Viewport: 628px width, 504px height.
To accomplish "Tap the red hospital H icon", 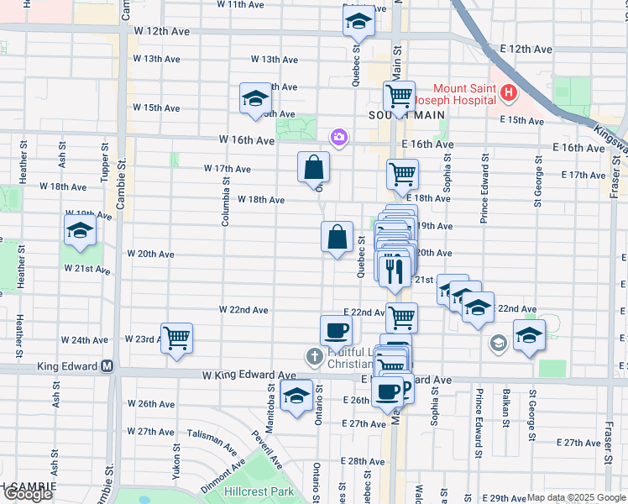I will (x=509, y=94).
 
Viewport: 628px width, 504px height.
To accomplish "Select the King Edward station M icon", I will (x=107, y=366).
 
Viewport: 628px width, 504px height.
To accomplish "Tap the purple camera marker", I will (x=339, y=136).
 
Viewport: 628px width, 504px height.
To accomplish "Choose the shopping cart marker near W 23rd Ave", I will (x=176, y=339).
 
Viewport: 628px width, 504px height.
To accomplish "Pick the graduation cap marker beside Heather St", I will (x=80, y=231).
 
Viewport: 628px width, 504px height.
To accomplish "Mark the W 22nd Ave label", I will (x=243, y=310).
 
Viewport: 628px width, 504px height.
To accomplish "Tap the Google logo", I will (x=27, y=494).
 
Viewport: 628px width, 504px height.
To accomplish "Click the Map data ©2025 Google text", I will (x=576, y=498).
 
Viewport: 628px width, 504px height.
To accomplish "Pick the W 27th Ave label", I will (x=149, y=432).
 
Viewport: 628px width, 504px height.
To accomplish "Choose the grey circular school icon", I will (x=499, y=342).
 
